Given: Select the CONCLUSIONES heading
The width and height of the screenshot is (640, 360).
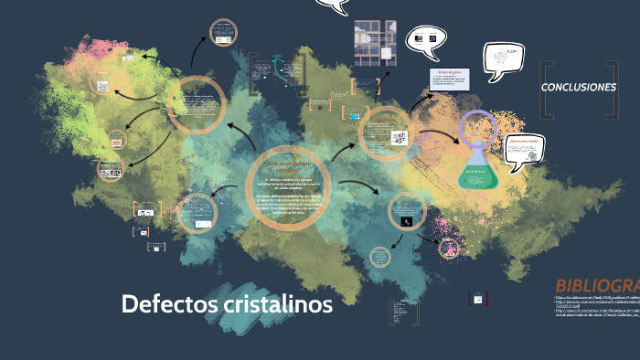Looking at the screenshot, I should [579, 88].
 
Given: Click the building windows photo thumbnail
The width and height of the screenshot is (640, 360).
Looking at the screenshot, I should [374, 41].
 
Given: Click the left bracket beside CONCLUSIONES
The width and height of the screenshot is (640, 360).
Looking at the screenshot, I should [547, 90].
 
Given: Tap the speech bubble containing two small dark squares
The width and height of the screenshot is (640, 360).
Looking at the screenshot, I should [425, 39].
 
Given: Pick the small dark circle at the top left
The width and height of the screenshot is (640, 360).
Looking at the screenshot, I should [222, 34].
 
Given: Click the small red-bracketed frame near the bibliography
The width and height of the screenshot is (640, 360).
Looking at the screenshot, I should [475, 299].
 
